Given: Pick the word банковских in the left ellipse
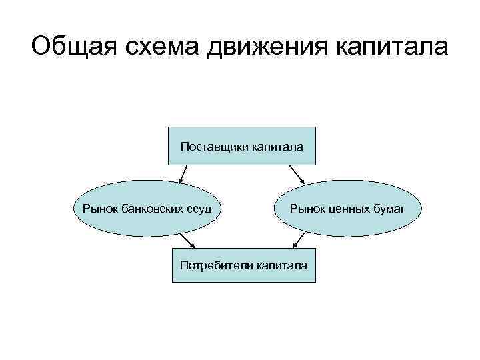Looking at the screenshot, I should [151, 209].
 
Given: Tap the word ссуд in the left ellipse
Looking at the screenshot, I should [199, 209].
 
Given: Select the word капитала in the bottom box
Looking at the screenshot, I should [281, 265].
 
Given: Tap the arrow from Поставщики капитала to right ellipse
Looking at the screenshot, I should [297, 174].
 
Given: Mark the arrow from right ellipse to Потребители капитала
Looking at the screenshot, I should [295, 239].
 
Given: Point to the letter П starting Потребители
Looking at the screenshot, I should [183, 265].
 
